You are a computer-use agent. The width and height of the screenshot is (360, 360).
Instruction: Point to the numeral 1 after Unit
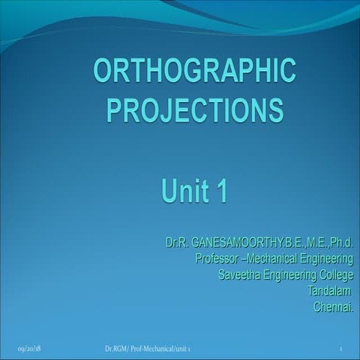220,187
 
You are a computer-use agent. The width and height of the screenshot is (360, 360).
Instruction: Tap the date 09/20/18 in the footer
28,349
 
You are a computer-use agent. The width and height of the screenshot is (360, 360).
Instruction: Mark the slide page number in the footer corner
341,349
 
